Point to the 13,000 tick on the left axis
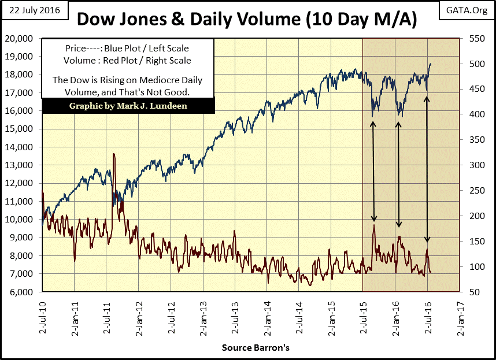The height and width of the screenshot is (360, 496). pyautogui.click(x=23, y=165)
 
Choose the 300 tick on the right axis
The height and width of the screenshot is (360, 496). pyautogui.click(x=473, y=165)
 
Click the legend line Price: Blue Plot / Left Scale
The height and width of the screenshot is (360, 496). pyautogui.click(x=128, y=49)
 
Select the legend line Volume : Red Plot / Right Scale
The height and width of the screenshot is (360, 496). pyautogui.click(x=128, y=60)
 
